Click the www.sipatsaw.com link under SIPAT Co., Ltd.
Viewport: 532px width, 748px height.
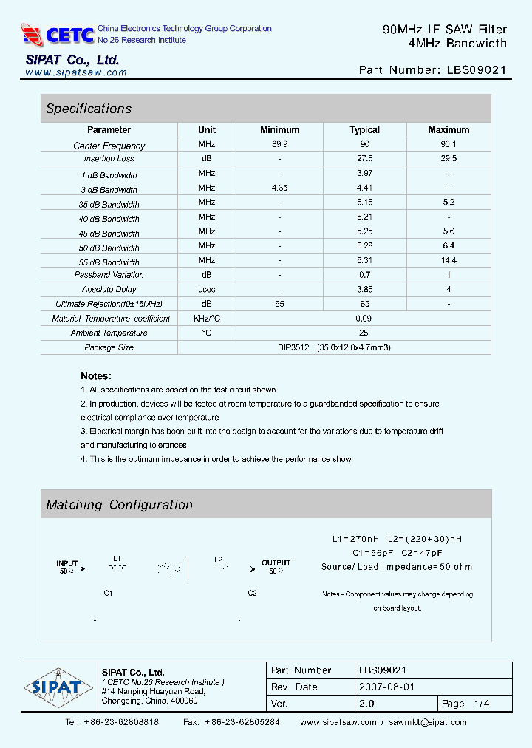click(x=76, y=72)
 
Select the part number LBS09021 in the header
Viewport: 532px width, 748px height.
click(x=477, y=70)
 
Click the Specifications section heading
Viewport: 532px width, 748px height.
click(x=89, y=109)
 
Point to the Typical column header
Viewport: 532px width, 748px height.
click(x=364, y=130)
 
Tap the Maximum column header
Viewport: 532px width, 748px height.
click(x=449, y=130)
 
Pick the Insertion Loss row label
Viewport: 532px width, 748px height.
click(x=109, y=159)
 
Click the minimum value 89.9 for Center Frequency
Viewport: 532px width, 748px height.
click(x=280, y=145)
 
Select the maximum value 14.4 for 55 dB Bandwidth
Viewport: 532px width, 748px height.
click(x=449, y=260)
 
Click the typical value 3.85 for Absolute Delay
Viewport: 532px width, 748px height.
click(x=364, y=289)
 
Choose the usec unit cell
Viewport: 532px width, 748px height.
click(x=207, y=289)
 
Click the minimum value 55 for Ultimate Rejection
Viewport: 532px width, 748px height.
click(x=280, y=304)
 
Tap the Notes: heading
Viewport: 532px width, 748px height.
click(x=96, y=375)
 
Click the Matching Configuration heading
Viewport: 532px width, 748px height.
click(x=119, y=505)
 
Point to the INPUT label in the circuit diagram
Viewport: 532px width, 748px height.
click(x=66, y=563)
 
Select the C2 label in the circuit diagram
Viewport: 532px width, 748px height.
click(x=252, y=593)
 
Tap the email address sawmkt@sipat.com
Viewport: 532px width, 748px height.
click(x=428, y=722)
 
